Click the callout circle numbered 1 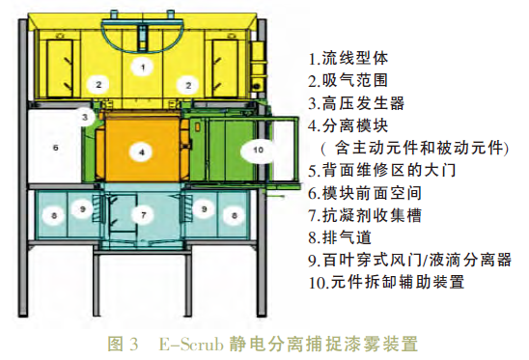point(142,67)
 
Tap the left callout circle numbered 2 point(97,85)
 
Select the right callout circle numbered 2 point(184,85)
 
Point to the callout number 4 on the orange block point(142,152)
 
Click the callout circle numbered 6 point(55,148)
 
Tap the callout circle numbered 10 point(257,150)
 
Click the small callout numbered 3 point(85,118)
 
